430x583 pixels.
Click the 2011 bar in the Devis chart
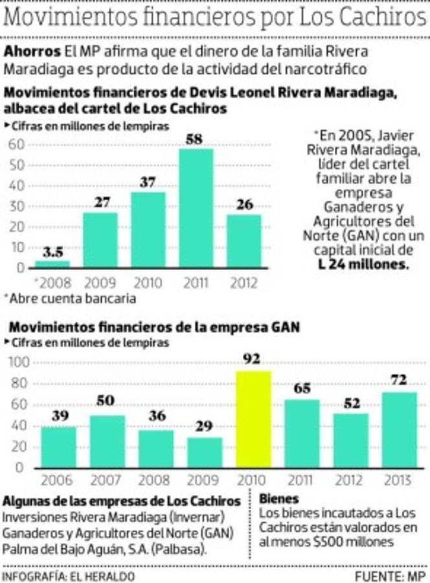pyautogui.click(x=196, y=208)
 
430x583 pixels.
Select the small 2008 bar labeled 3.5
pyautogui.click(x=52, y=264)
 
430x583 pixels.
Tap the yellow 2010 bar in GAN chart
pyautogui.click(x=253, y=418)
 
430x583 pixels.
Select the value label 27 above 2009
pyautogui.click(x=100, y=202)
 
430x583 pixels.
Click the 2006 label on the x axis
pyautogui.click(x=58, y=481)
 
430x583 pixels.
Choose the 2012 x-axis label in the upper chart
pyautogui.click(x=243, y=283)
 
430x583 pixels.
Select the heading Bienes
pyautogui.click(x=279, y=499)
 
